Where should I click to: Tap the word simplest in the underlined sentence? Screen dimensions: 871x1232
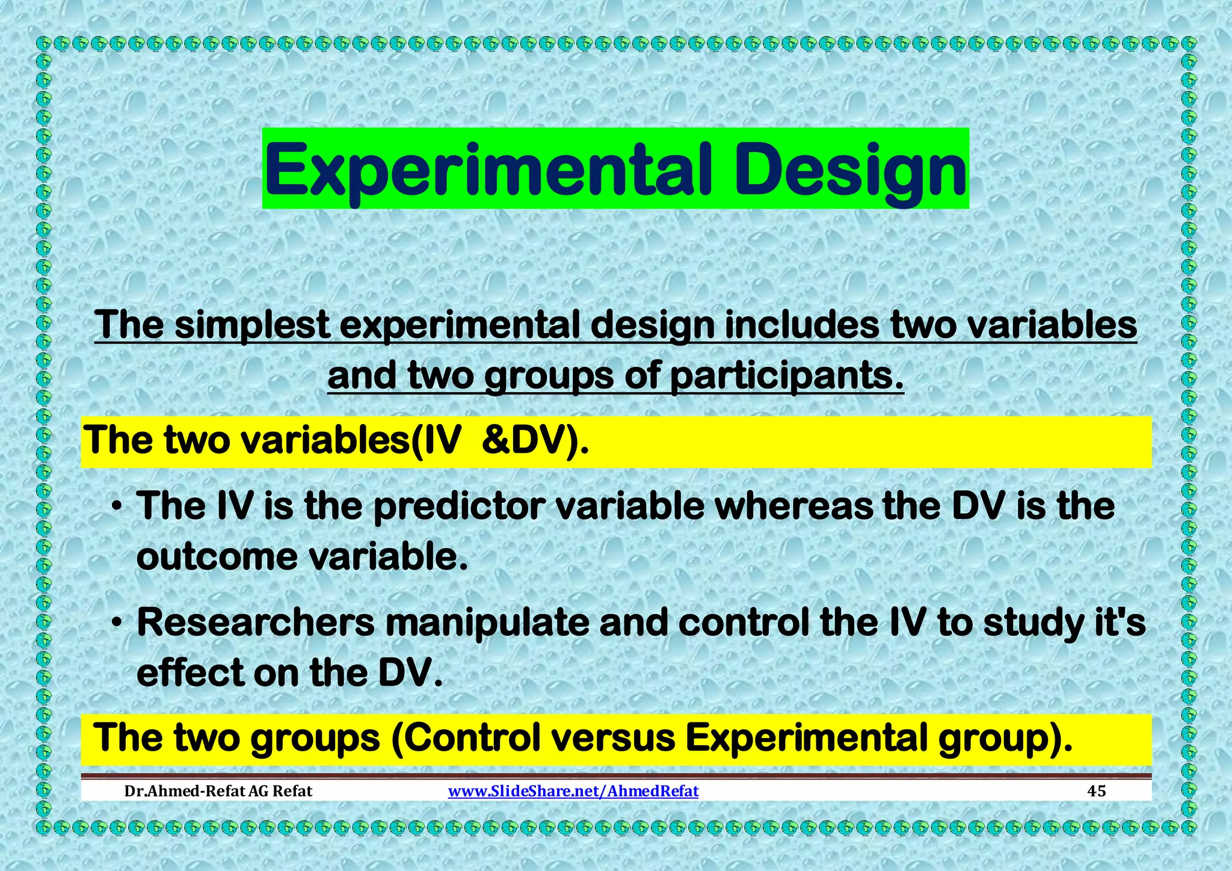coord(252,325)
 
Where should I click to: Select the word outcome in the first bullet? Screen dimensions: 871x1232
coord(217,558)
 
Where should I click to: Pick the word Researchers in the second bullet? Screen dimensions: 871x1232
coord(256,623)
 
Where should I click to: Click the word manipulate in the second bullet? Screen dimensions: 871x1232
coord(487,623)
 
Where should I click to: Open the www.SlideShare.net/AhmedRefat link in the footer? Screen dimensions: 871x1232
coord(573,791)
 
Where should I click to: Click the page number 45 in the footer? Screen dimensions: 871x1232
coord(1097,791)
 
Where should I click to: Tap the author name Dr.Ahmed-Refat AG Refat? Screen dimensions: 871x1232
coord(218,791)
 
